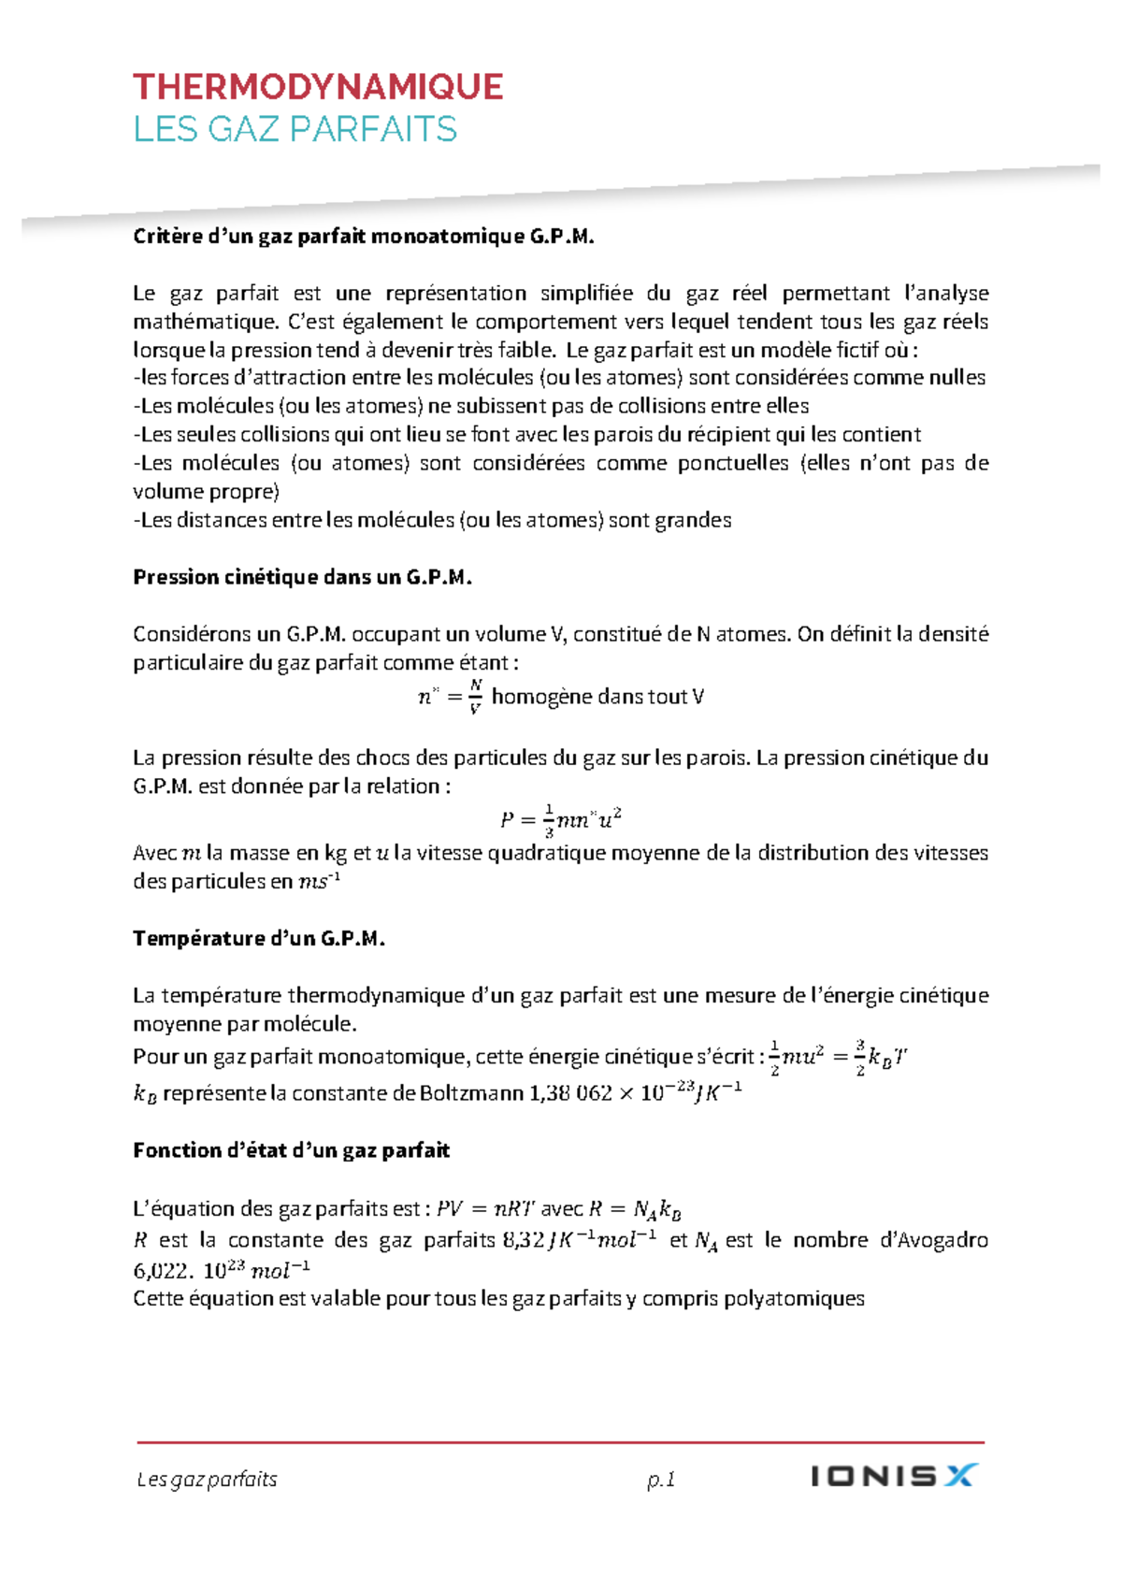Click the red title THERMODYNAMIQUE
coord(318,87)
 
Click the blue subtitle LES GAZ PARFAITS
coord(295,129)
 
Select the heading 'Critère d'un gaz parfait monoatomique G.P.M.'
coord(364,237)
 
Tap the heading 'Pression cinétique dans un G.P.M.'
coord(302,577)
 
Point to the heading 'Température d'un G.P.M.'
coord(259,938)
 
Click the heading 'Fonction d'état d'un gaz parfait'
coord(291,1150)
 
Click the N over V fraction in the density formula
coord(475,697)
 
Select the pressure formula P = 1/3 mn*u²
coord(561,820)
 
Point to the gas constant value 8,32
coord(524,1240)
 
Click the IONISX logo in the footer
coord(893,1476)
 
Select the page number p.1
coord(661,1480)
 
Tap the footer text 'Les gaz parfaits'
coord(208,1480)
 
